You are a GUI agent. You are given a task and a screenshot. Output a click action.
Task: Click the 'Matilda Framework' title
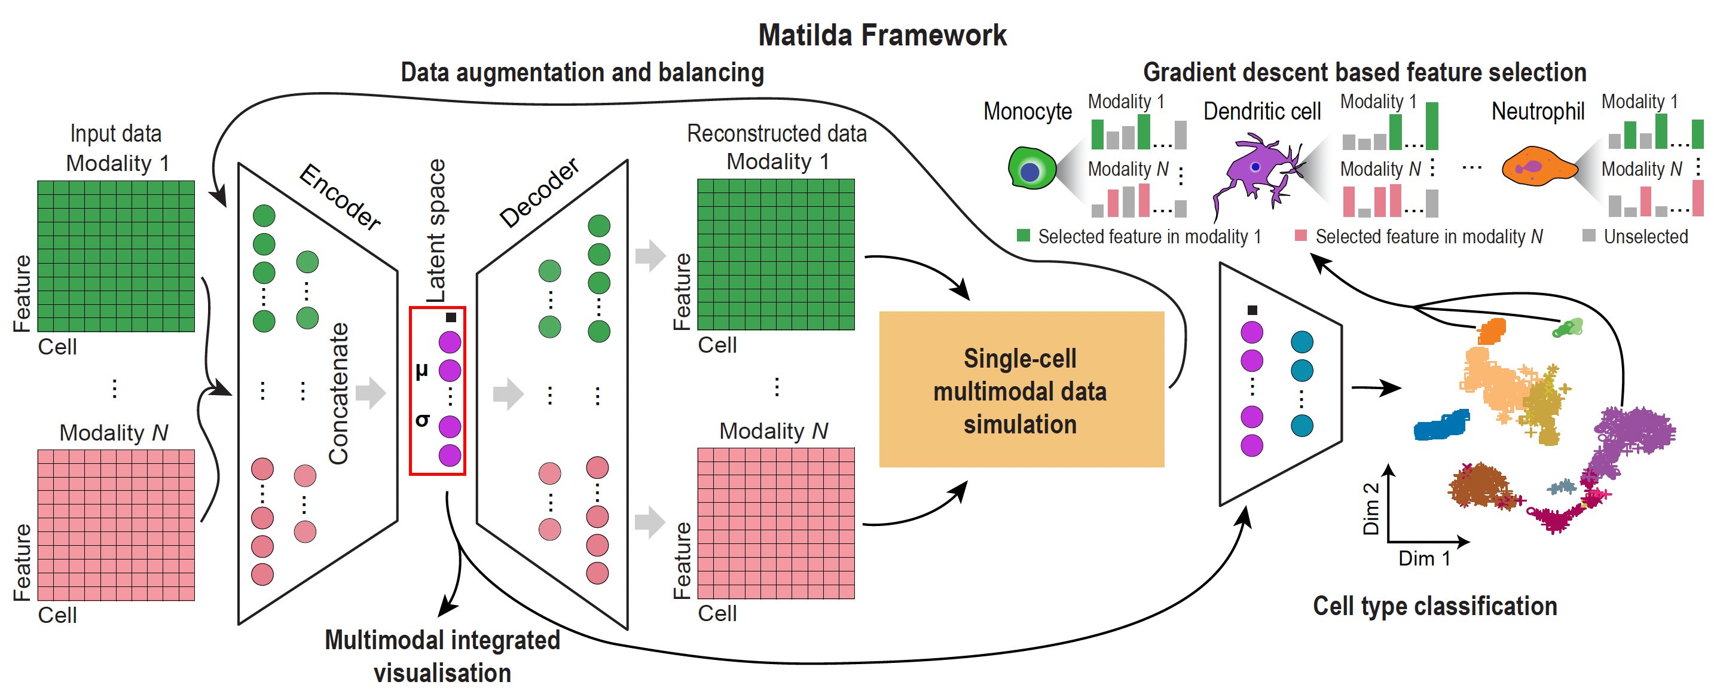click(882, 35)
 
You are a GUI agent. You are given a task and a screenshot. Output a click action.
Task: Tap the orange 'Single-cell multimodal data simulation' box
click(1021, 389)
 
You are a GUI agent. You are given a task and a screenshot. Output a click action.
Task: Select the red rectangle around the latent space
click(411, 390)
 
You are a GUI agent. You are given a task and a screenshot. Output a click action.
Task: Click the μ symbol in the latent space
click(421, 371)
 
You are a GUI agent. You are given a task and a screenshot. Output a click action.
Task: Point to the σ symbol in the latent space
click(422, 420)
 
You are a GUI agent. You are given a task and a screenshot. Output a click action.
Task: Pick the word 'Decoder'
click(539, 192)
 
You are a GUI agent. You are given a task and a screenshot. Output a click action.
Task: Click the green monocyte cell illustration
click(1032, 168)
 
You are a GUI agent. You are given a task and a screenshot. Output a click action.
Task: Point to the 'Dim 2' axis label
click(1370, 509)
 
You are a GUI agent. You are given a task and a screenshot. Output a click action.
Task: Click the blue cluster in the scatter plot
click(1441, 424)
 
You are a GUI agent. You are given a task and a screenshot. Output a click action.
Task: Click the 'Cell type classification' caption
click(1434, 606)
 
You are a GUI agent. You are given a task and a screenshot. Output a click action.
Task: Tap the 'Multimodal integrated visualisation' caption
click(442, 656)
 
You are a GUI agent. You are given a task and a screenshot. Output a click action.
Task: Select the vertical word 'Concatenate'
click(339, 393)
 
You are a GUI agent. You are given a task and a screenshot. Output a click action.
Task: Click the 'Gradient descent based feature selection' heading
click(1364, 72)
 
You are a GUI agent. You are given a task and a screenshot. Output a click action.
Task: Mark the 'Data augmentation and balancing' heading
click(582, 72)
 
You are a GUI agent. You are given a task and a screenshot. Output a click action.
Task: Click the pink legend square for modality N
click(1300, 235)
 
